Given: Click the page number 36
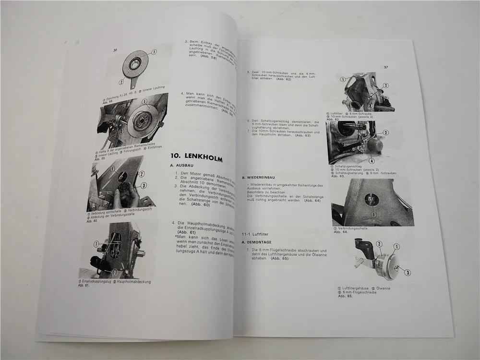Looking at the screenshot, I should tap(115, 49).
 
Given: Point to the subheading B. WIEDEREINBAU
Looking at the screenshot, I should tap(259, 177).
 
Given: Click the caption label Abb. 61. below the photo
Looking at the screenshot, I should tap(84, 285).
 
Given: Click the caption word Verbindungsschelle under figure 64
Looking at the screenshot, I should tap(351, 229).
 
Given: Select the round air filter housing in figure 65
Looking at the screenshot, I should tap(384, 262).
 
